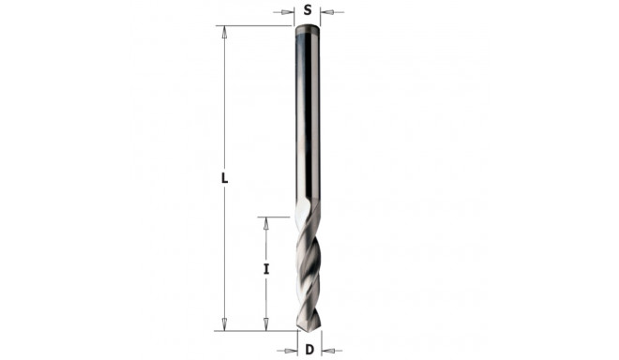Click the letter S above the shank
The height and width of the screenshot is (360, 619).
(308, 11)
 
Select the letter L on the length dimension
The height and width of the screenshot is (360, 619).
(226, 178)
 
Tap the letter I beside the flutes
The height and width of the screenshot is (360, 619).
(266, 270)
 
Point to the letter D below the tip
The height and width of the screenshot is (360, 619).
(309, 350)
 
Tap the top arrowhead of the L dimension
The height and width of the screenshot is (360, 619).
(225, 31)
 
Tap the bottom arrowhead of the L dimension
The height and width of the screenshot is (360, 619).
(225, 324)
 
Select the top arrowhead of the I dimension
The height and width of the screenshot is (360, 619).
(265, 222)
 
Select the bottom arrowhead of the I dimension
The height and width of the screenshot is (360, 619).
(265, 324)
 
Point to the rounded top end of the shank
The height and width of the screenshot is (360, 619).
(309, 29)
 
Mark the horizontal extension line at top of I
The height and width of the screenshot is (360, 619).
(277, 217)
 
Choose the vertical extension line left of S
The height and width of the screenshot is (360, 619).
(296, 14)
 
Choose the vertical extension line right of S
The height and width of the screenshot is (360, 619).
(321, 14)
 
